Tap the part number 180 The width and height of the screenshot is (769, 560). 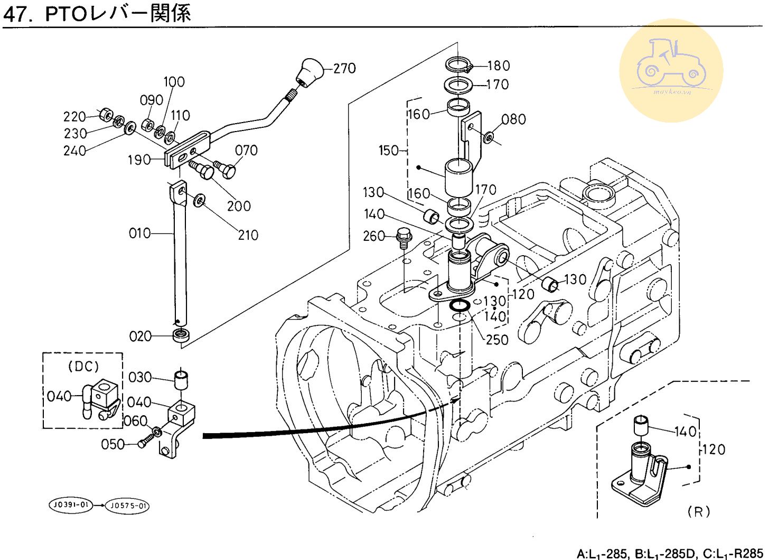click(x=498, y=66)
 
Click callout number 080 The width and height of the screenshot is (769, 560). click(x=513, y=119)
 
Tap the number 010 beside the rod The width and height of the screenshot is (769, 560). click(x=139, y=233)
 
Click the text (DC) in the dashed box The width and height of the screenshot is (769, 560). click(x=83, y=366)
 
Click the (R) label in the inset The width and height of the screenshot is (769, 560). click(x=699, y=511)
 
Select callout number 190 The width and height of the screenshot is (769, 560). click(x=139, y=160)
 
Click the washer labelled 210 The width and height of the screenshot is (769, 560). click(x=200, y=200)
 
